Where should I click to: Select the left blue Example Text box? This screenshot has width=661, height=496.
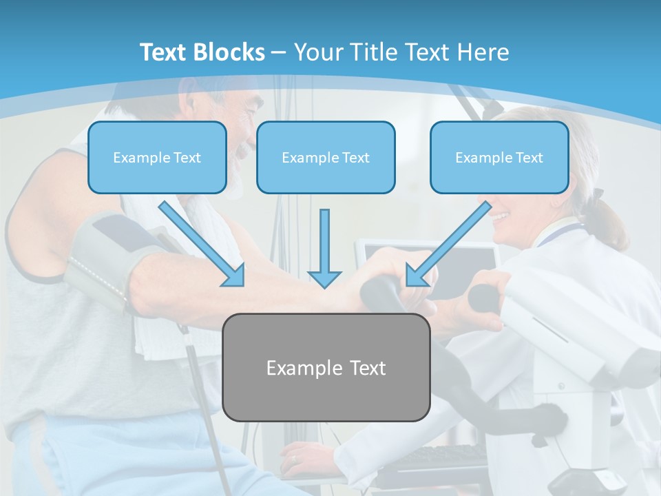click(x=157, y=158)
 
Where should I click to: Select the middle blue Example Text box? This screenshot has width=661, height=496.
click(x=326, y=158)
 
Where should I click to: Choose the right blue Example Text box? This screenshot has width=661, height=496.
click(x=499, y=158)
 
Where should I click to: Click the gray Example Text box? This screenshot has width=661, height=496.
click(x=326, y=368)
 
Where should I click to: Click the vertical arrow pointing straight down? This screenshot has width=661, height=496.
click(x=324, y=248)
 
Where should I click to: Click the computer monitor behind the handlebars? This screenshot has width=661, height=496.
click(x=475, y=258)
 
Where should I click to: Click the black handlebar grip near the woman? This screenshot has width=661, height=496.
click(x=485, y=298)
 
